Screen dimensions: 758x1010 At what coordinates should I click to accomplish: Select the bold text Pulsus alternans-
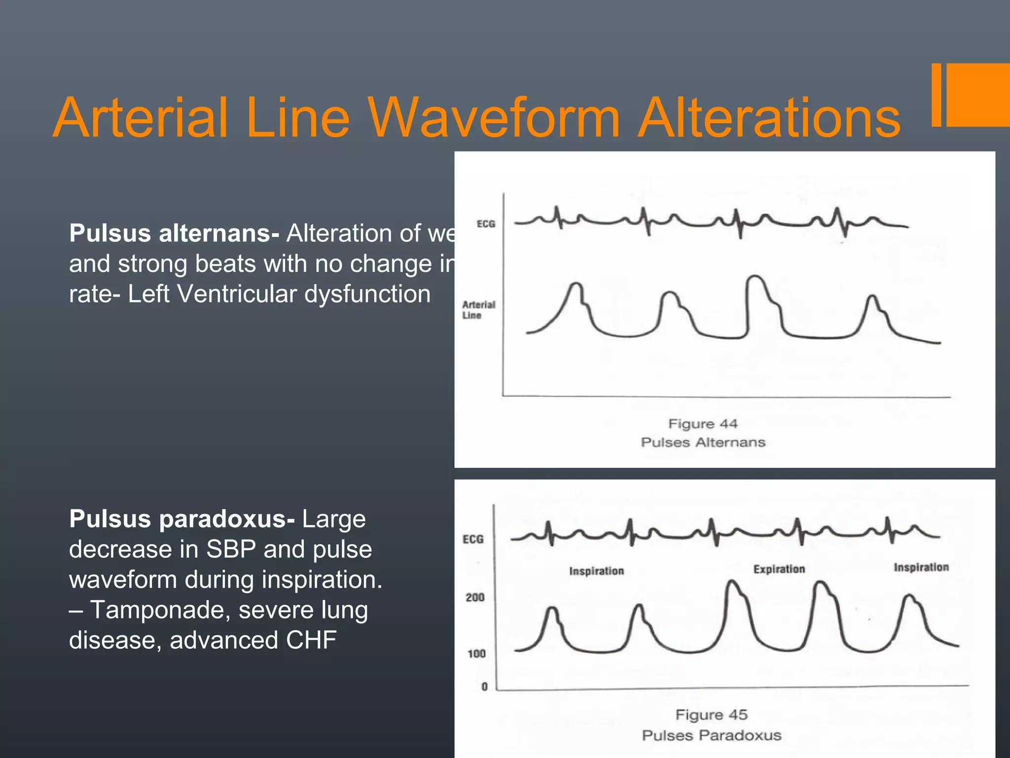click(174, 233)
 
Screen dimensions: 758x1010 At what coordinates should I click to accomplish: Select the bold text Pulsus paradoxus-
click(182, 519)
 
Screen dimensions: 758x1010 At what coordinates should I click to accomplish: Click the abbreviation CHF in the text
click(311, 640)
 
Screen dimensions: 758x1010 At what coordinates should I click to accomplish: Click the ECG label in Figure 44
click(486, 224)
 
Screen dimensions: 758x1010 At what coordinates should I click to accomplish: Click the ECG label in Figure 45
click(473, 539)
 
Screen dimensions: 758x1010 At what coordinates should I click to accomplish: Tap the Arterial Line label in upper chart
click(478, 310)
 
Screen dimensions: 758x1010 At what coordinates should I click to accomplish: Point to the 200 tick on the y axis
click(475, 598)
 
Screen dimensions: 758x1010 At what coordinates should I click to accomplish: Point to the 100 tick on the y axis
click(476, 654)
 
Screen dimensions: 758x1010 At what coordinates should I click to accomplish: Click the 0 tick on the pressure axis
click(484, 686)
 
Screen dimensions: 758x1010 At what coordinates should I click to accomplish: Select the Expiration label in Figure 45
click(779, 569)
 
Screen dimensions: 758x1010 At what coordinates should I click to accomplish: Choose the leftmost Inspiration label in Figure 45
click(596, 571)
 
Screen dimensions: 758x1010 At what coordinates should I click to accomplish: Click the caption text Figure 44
click(703, 424)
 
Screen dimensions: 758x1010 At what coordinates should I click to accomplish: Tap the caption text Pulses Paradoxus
click(711, 735)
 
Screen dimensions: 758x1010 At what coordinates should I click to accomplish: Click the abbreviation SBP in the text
click(231, 549)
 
